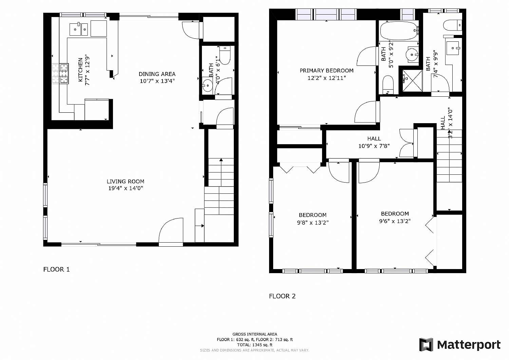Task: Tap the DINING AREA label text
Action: point(157,74)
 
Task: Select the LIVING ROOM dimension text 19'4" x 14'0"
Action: point(126,188)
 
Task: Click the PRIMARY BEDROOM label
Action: point(326,71)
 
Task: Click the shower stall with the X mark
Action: point(412,80)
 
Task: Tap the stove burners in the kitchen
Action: point(60,73)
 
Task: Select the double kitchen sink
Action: point(79,29)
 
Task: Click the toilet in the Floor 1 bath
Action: point(225,54)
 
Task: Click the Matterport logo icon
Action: point(426,344)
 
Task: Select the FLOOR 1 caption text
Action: point(56,269)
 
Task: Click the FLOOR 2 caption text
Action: point(282,296)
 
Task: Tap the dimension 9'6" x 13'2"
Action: point(395,221)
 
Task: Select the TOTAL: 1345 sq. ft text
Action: point(254,345)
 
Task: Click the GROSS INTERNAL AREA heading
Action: point(254,334)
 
